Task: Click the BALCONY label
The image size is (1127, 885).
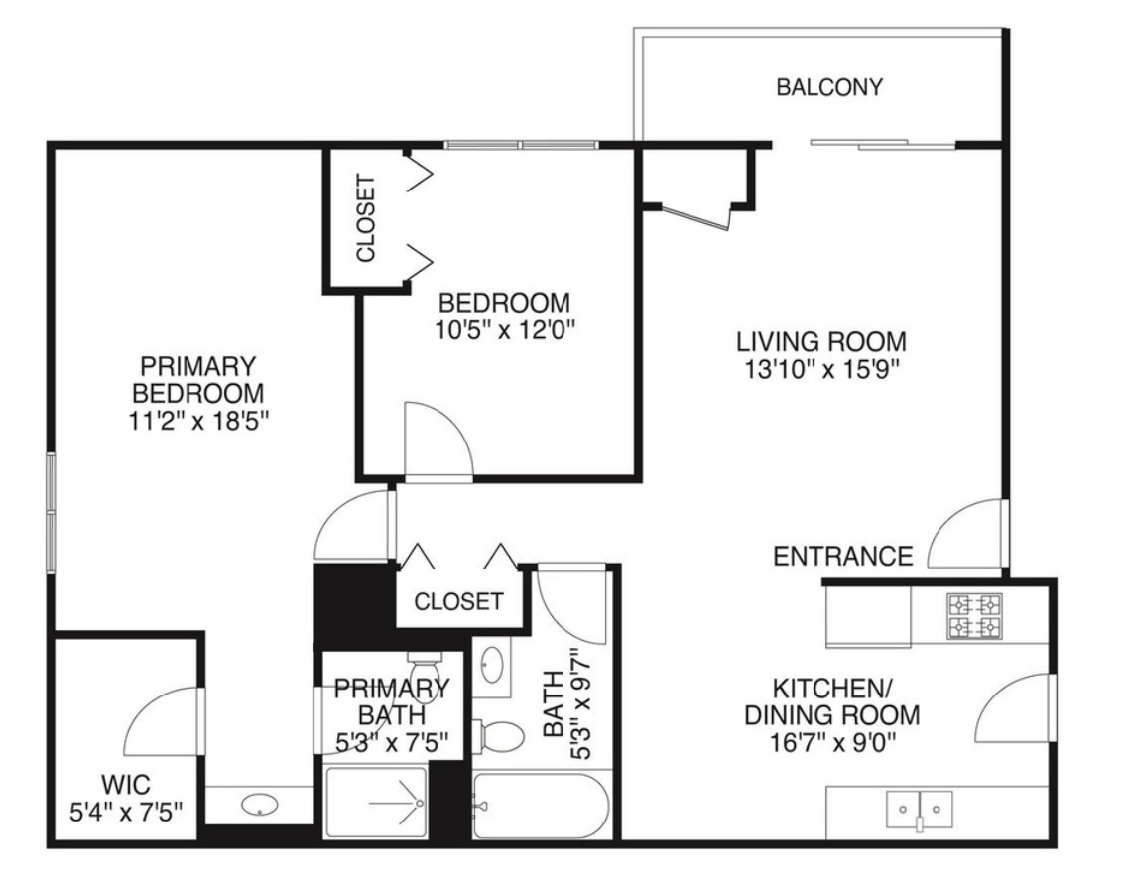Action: pyautogui.click(x=828, y=87)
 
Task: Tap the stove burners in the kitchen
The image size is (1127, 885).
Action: pyautogui.click(x=974, y=616)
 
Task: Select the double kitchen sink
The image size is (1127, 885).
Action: pyautogui.click(x=919, y=808)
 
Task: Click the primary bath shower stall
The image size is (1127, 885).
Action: pyautogui.click(x=376, y=803)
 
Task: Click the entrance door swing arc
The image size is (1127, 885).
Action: pyautogui.click(x=967, y=535)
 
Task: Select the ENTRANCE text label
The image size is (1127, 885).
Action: pyautogui.click(x=842, y=557)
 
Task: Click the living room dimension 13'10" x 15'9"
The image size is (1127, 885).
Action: pyautogui.click(x=820, y=369)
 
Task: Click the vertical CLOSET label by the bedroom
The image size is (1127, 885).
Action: pyautogui.click(x=366, y=218)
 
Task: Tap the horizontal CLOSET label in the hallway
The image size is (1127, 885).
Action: pyautogui.click(x=458, y=601)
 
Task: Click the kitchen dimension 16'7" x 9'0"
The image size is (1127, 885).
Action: pyautogui.click(x=845, y=741)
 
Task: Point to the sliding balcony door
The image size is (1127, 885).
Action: pyautogui.click(x=883, y=145)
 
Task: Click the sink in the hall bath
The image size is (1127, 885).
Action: pyautogui.click(x=492, y=664)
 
